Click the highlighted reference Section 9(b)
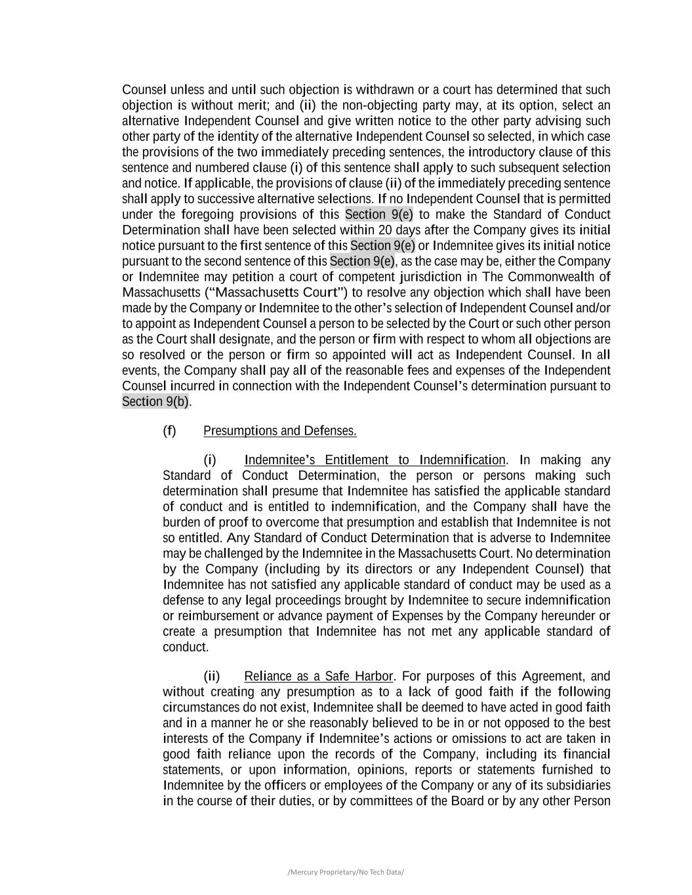(155, 401)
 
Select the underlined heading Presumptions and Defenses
(279, 431)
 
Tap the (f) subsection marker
(169, 431)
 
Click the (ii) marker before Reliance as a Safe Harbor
(211, 676)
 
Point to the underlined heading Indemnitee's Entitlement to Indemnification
(375, 460)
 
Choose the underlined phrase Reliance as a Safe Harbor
(318, 676)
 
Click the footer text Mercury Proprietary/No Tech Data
(346, 872)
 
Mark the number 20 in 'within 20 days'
(385, 230)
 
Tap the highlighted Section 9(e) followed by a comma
(362, 261)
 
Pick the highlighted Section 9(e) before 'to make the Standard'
(379, 214)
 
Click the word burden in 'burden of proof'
(181, 523)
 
